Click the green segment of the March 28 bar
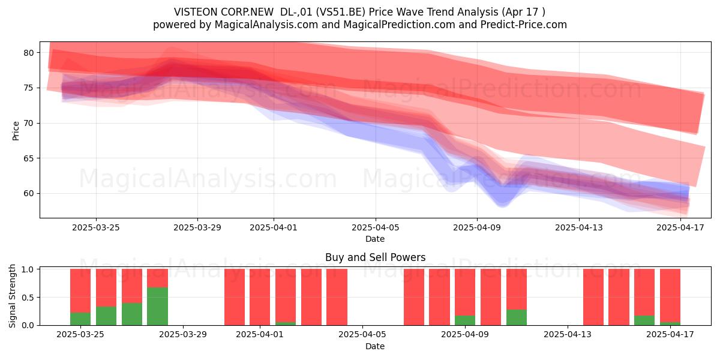(157, 306)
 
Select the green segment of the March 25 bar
(80, 319)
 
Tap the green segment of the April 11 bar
(517, 317)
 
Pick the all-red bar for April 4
(337, 297)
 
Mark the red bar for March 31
(235, 297)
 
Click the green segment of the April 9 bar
(465, 320)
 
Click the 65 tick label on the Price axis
(29, 158)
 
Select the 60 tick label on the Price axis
(29, 193)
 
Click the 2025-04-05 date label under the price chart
(376, 227)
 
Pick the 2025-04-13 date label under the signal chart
(568, 334)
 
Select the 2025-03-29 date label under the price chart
(197, 227)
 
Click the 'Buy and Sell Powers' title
(376, 257)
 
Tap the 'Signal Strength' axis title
(12, 296)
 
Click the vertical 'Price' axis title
(16, 131)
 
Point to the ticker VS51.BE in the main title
(340, 12)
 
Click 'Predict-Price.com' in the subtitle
(524, 25)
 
